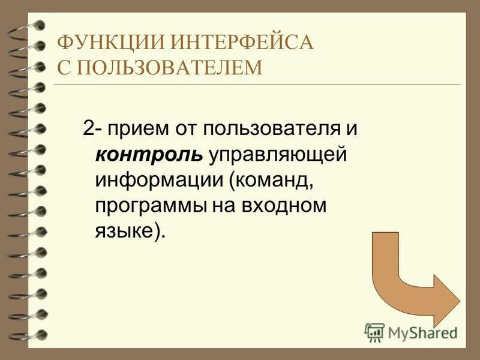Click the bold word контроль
149,155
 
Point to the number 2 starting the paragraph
88,128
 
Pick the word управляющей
278,155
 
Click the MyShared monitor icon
374,332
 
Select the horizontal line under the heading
258,84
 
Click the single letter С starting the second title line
63,67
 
